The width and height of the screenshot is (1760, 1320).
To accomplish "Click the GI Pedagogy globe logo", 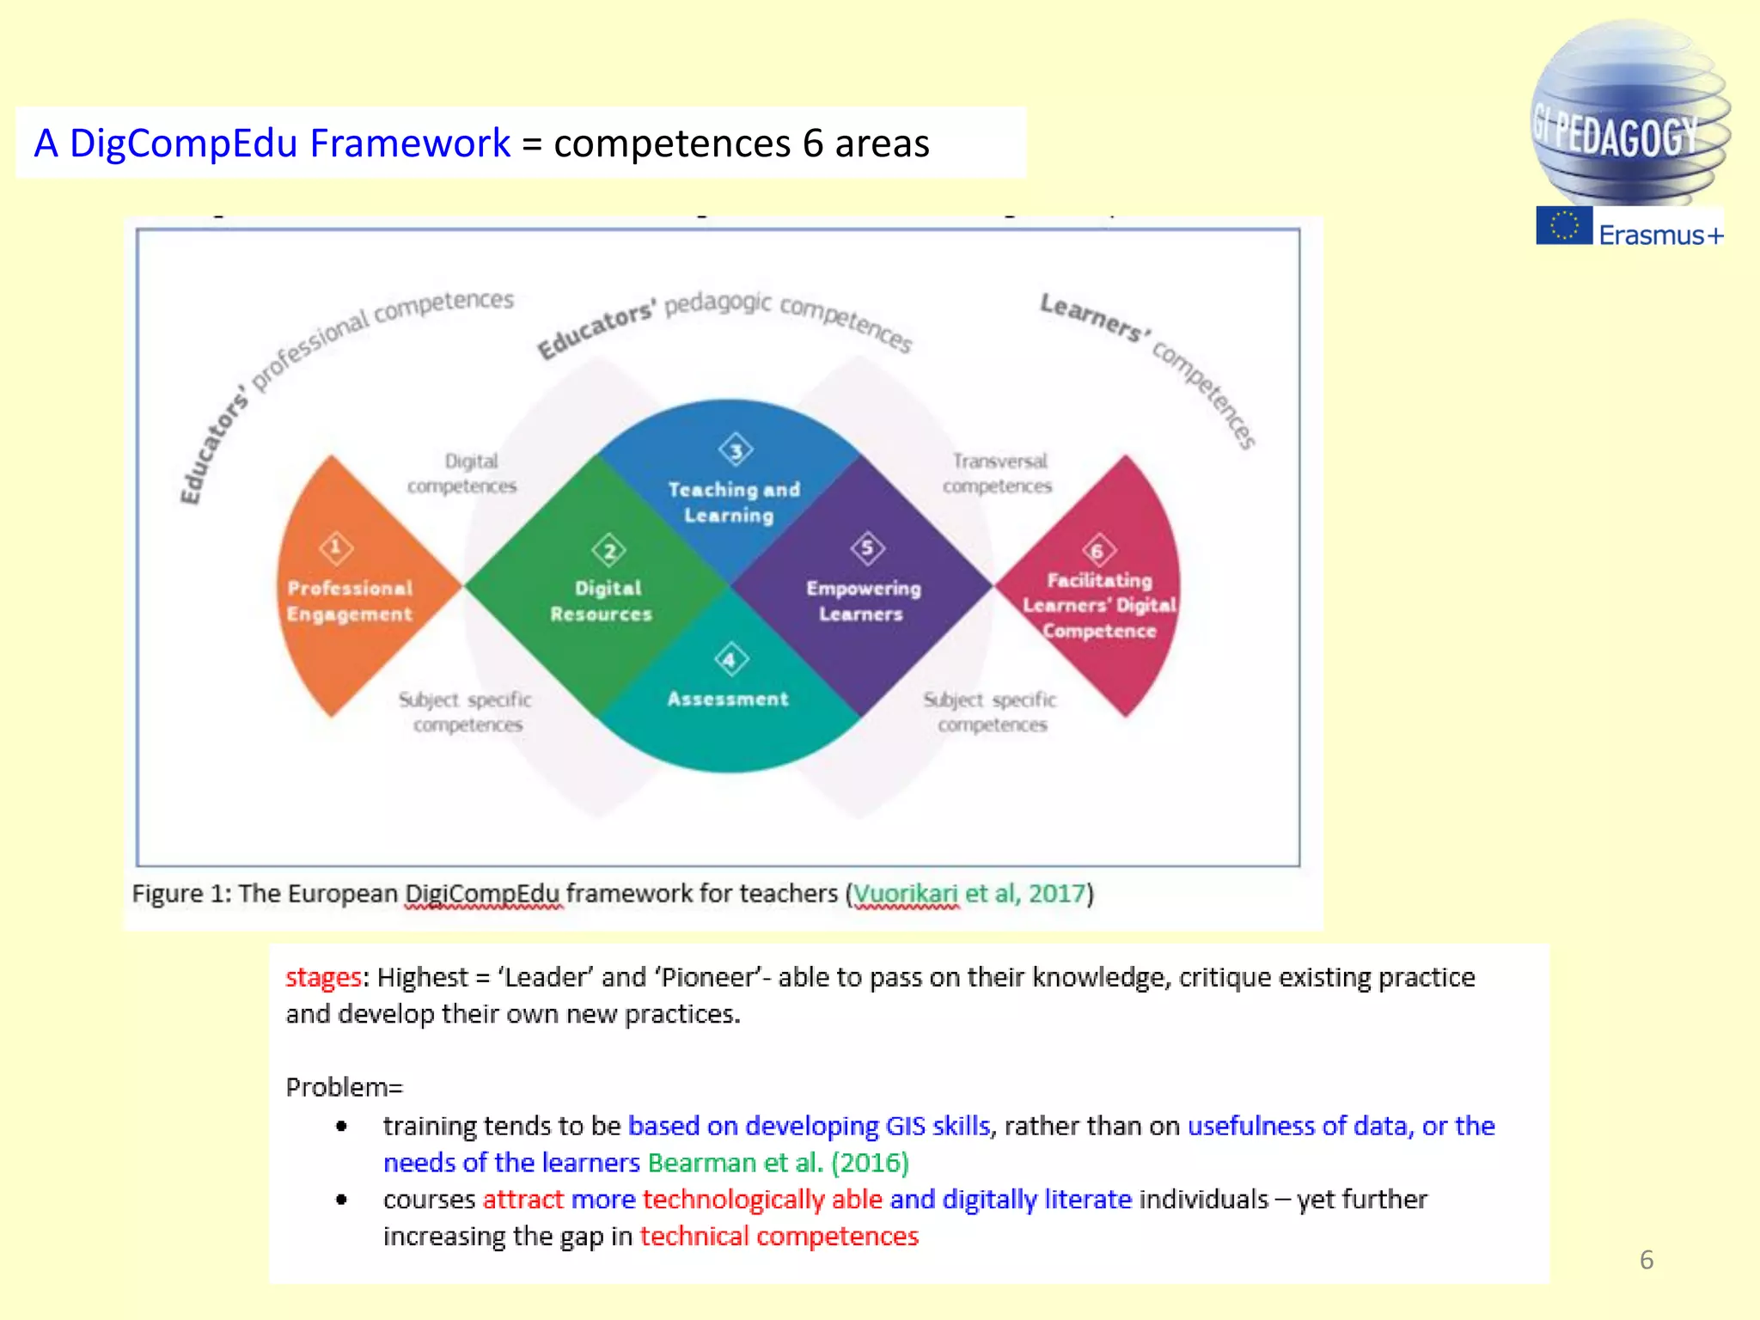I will pyautogui.click(x=1629, y=116).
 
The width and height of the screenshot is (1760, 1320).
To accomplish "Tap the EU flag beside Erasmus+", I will pyautogui.click(x=1564, y=226).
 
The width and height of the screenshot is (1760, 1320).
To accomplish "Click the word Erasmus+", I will pyautogui.click(x=1660, y=235).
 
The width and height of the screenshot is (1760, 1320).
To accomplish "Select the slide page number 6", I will pyautogui.click(x=1646, y=1260).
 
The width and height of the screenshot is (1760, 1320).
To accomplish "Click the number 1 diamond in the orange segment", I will pyautogui.click(x=336, y=547).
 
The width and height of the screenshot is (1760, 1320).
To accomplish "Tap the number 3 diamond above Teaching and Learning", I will pyautogui.click(x=736, y=449).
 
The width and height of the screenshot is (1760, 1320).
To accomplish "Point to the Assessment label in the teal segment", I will pyautogui.click(x=727, y=699).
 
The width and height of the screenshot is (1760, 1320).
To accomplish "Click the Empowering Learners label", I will pyautogui.click(x=862, y=601).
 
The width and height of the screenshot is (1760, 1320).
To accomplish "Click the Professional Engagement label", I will pyautogui.click(x=350, y=601).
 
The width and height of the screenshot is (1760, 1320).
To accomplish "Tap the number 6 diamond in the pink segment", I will pyautogui.click(x=1097, y=551).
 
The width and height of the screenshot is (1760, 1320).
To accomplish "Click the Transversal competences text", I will pyautogui.click(x=998, y=474).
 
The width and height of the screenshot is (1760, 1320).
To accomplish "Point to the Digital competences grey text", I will pyautogui.click(x=463, y=474).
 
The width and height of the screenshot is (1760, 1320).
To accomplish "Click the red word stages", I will pyautogui.click(x=323, y=977).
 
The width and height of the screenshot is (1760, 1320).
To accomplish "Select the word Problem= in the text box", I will pyautogui.click(x=344, y=1087).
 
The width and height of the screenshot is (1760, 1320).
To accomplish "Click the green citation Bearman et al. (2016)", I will pyautogui.click(x=778, y=1163).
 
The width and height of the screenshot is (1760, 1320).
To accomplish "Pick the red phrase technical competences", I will pyautogui.click(x=779, y=1236).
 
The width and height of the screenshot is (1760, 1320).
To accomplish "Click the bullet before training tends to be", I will pyautogui.click(x=342, y=1126).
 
